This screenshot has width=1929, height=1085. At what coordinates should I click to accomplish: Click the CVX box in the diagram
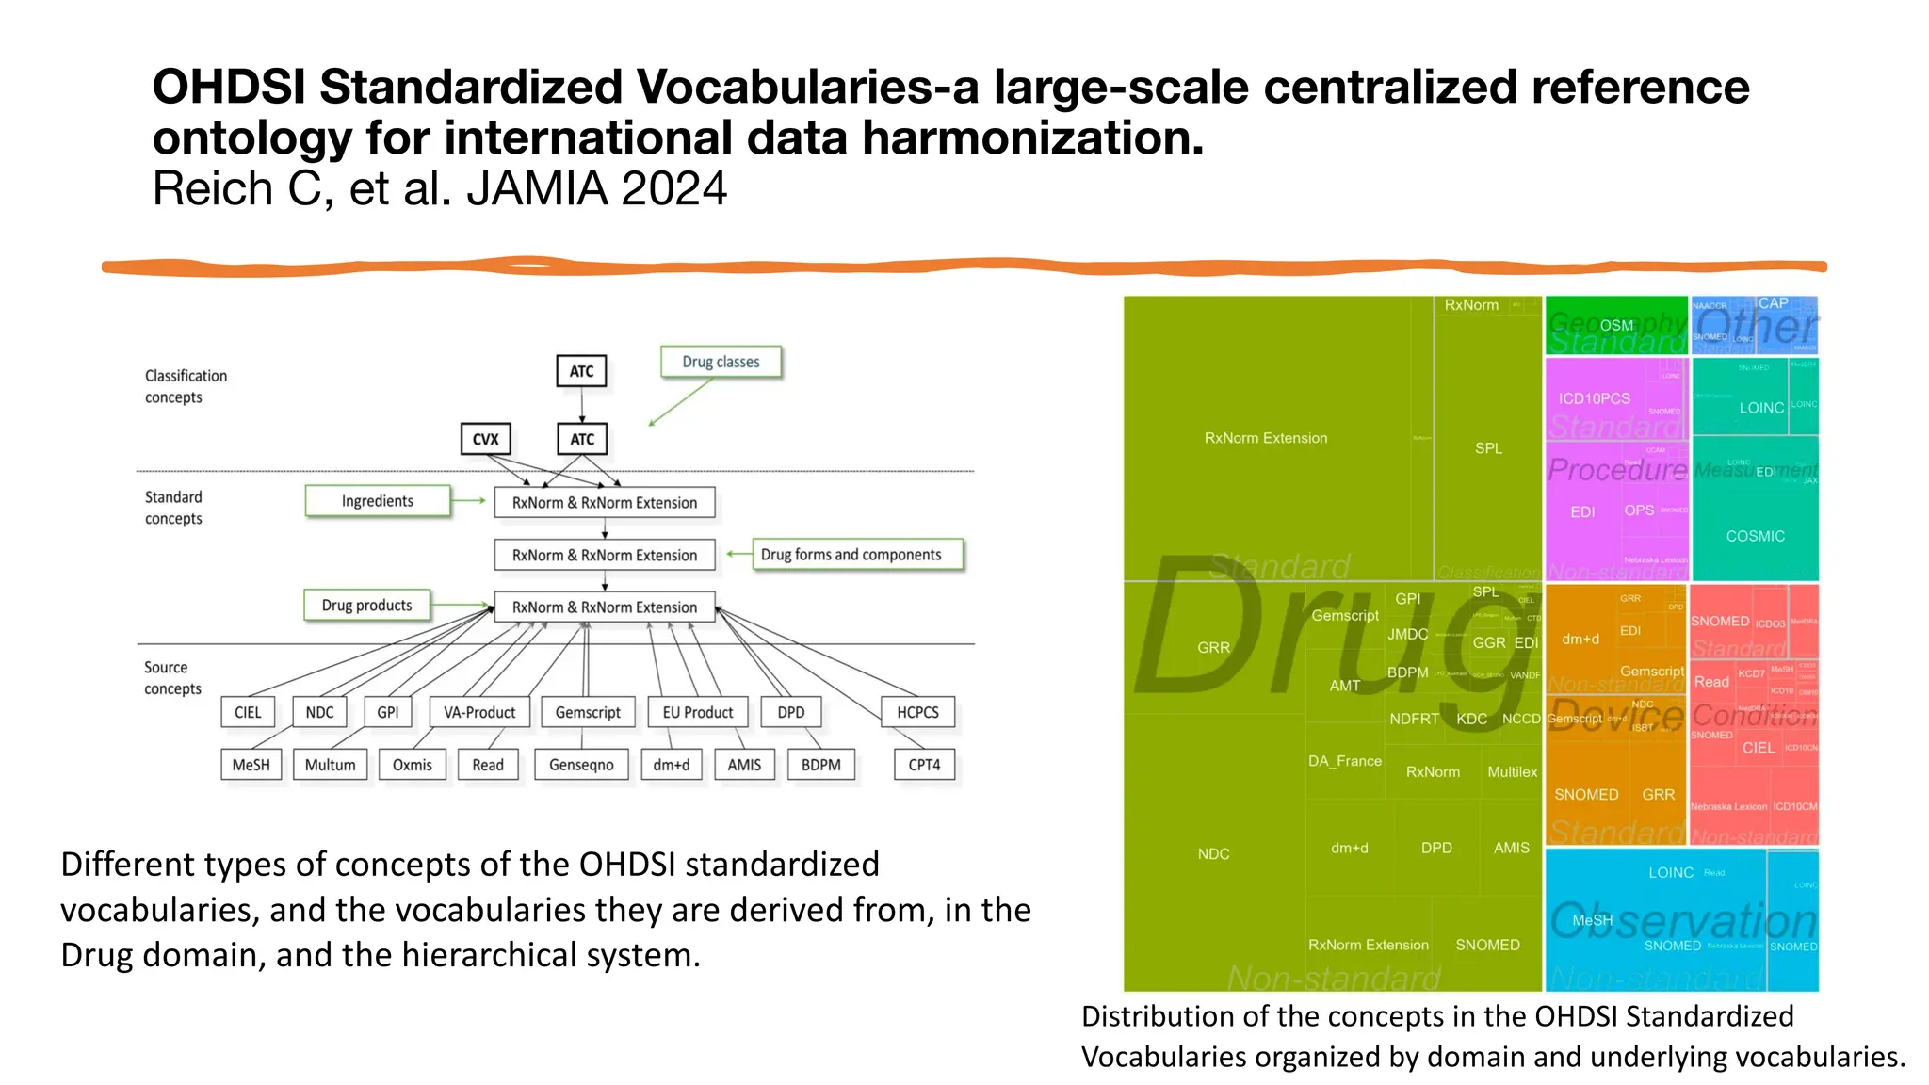(485, 439)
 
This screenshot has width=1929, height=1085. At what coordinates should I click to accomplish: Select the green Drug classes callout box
(721, 362)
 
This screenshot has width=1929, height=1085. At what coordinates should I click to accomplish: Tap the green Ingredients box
(377, 501)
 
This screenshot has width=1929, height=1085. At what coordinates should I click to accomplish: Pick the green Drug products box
(366, 605)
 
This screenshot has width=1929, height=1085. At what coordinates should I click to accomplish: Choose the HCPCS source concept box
(917, 712)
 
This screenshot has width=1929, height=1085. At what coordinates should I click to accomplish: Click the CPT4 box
(924, 765)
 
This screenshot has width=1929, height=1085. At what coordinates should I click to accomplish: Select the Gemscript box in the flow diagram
(588, 712)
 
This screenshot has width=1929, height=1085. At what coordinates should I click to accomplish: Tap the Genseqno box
(581, 765)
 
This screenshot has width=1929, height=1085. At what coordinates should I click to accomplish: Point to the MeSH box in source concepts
(251, 765)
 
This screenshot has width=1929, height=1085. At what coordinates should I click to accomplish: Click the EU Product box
(697, 712)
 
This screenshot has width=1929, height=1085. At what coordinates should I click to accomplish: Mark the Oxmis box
(412, 765)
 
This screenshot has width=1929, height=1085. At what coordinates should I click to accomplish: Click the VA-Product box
(479, 712)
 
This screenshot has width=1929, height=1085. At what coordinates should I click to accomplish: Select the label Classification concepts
(186, 386)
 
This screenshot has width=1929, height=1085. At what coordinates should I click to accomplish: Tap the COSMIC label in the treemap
(1755, 536)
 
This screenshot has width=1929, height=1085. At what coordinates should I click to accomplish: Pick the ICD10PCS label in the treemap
(1594, 398)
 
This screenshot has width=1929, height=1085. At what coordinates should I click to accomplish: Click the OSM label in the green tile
(1616, 325)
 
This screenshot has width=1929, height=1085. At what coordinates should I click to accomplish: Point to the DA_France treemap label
(1344, 761)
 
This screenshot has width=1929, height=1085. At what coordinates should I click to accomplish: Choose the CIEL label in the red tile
(1759, 748)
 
